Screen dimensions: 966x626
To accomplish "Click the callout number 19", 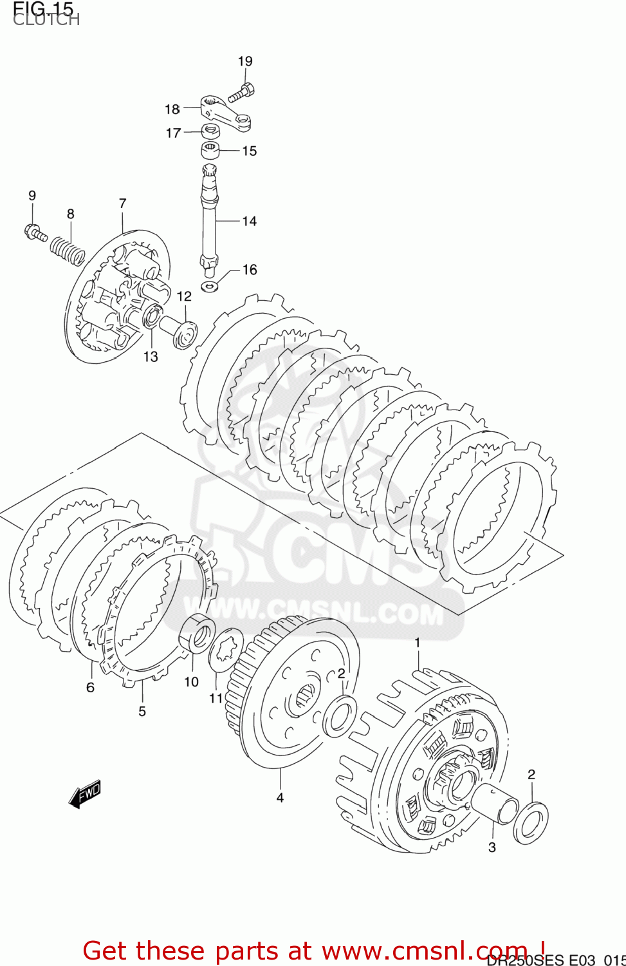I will point(245,61).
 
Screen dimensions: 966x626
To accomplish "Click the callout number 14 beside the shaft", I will point(249,221).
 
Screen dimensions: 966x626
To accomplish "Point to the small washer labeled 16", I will point(209,285).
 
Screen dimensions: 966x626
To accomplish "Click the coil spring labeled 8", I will point(68,251).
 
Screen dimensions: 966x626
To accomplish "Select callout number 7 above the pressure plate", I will point(122,204).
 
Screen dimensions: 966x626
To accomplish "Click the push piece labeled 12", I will point(179,330).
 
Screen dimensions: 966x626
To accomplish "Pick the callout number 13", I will point(150,357).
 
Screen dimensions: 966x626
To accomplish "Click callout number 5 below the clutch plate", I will point(142,711).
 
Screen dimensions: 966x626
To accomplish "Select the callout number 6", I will point(90,687).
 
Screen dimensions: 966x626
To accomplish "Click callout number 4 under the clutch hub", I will point(280,797).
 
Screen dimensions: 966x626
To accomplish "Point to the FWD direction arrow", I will point(85,793).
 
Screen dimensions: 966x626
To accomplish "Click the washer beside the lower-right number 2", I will point(531,822).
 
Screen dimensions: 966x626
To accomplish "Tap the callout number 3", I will point(492,848).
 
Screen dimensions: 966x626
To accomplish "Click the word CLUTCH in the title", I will point(46,19).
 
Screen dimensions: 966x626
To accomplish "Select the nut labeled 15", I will point(210,151).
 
